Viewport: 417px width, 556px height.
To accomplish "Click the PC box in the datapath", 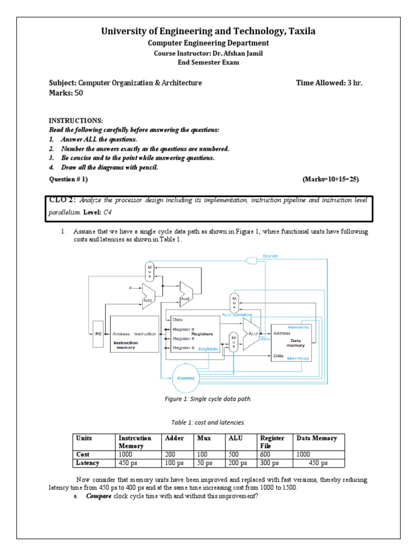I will click(x=99, y=334).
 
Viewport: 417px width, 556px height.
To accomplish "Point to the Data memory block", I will click(x=293, y=339).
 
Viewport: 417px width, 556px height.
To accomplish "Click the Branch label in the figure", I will click(x=270, y=256).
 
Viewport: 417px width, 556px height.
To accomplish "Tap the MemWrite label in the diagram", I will click(x=299, y=327).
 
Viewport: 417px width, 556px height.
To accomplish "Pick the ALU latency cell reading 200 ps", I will click(x=237, y=463).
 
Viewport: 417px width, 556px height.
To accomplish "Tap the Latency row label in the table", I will click(x=88, y=463).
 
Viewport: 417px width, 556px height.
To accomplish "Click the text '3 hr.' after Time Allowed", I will click(x=352, y=83).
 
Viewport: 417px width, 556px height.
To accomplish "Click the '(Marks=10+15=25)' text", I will click(x=330, y=179).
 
